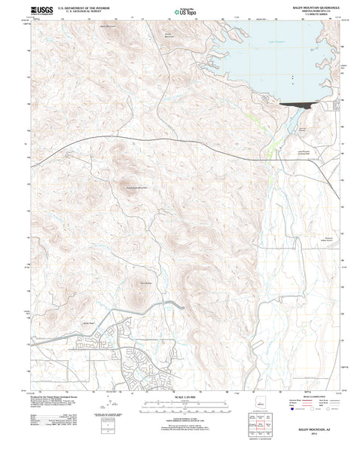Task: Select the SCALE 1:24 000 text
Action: click(x=180, y=396)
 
